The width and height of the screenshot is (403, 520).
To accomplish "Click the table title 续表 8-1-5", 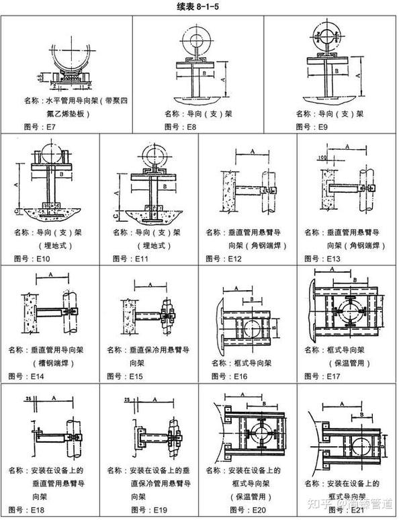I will (x=201, y=6).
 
